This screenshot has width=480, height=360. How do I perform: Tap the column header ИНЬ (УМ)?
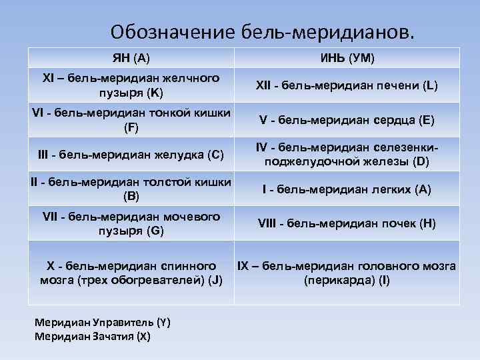(x=347, y=59)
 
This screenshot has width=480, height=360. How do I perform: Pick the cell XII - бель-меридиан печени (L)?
(x=347, y=85)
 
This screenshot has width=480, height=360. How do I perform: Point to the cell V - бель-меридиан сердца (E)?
(x=347, y=120)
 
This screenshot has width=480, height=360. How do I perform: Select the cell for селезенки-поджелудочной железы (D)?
(x=347, y=155)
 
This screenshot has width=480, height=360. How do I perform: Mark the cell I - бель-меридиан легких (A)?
(x=347, y=190)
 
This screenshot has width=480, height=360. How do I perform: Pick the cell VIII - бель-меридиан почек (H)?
(x=347, y=224)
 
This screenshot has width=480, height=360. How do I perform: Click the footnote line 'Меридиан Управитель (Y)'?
(x=102, y=323)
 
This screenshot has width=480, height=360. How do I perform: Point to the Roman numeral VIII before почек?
(x=268, y=224)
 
